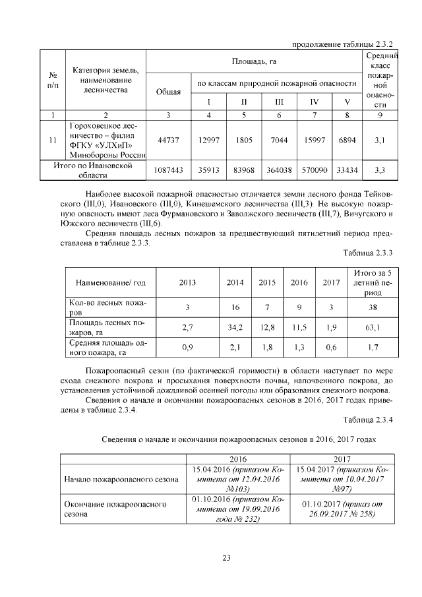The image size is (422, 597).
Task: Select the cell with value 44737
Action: click(168, 140)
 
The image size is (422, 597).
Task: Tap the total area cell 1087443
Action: click(168, 170)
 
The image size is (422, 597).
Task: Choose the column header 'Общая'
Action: click(168, 92)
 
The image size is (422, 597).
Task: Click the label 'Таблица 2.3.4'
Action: click(367, 420)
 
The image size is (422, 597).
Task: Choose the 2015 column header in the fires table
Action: click(267, 283)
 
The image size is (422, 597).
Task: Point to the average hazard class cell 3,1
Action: click(379, 140)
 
